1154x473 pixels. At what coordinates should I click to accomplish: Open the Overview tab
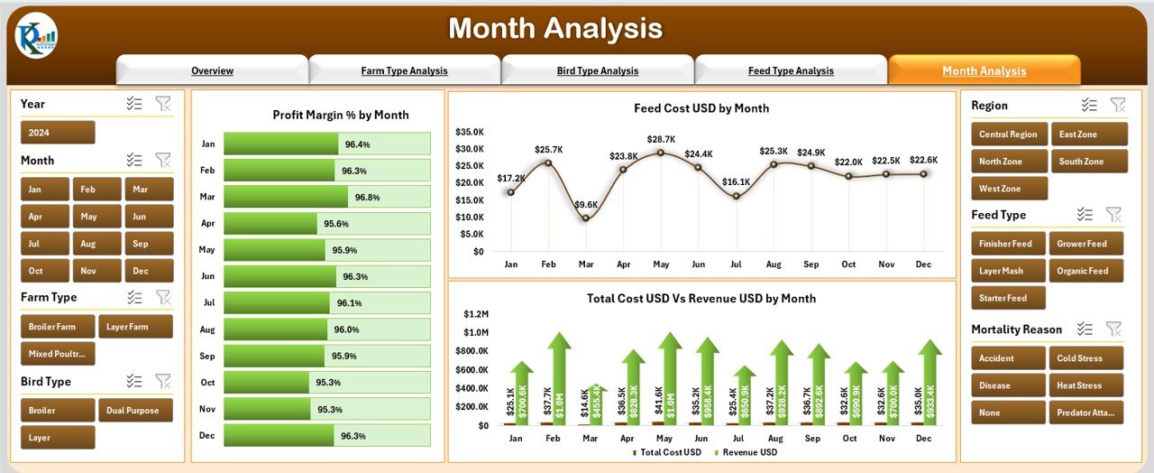pos(212,70)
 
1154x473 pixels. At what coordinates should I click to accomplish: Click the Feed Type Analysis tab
pos(791,70)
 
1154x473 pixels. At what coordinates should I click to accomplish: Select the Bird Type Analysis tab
pos(597,70)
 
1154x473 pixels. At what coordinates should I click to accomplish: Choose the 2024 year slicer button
pos(57,133)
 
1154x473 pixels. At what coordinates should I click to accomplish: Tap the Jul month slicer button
pos(44,244)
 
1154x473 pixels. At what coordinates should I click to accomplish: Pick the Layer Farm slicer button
pos(135,327)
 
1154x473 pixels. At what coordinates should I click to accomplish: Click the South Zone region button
pos(1088,162)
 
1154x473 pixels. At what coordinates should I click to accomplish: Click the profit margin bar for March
pos(286,197)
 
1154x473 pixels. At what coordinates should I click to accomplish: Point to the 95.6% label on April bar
pos(336,224)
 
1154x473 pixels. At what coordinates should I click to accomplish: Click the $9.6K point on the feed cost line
pos(586,218)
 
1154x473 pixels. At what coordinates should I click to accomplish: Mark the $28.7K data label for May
pos(661,139)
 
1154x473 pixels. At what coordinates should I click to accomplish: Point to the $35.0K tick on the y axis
pos(470,131)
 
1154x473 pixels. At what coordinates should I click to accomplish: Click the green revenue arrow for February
pos(559,379)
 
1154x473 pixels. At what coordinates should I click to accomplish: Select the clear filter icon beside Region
pos(1118,106)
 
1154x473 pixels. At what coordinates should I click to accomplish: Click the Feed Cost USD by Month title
pos(701,108)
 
